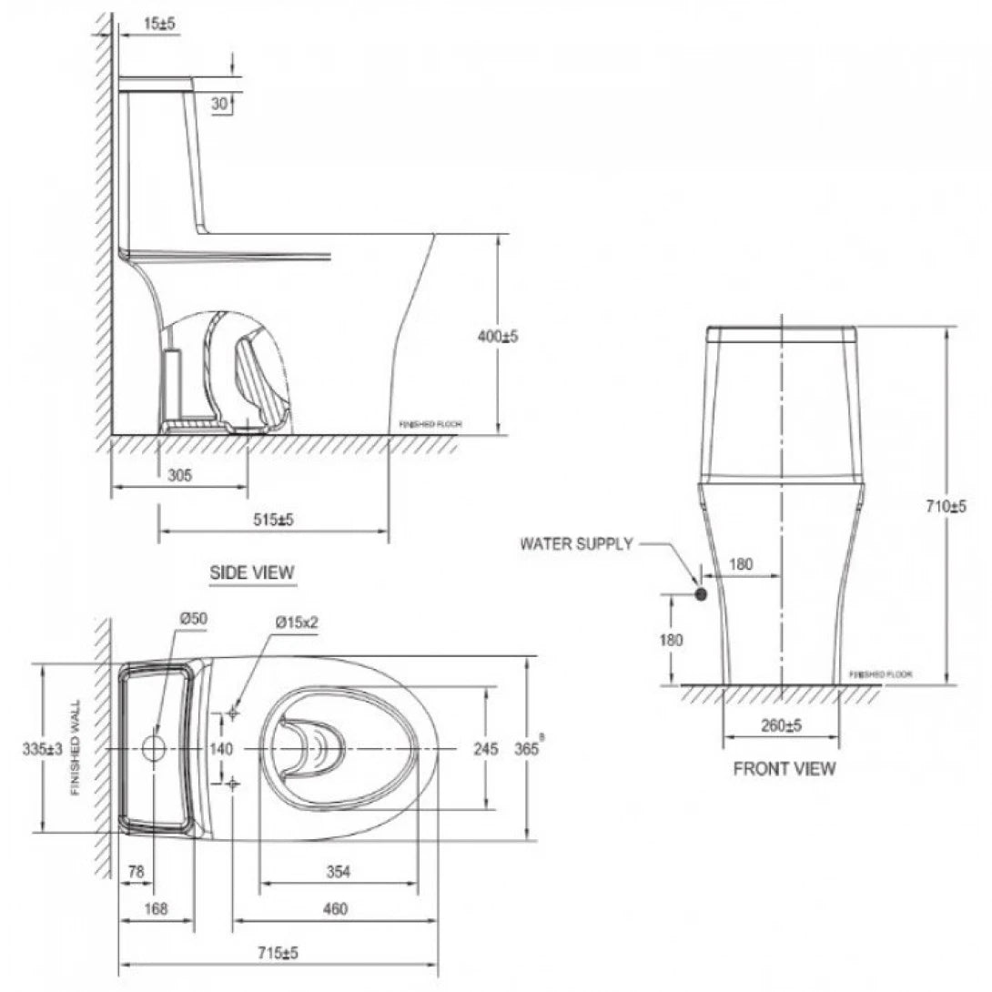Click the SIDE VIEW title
pos(252,572)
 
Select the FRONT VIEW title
pos(784,769)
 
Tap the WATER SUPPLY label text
pos(575,544)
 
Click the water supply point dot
pos(701,594)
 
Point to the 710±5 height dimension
pos(946,506)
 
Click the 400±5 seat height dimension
pos(498,336)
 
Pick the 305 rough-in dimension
pos(179,475)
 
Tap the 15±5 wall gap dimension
pos(141,24)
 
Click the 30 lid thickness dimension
pos(218,104)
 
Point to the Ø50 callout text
pos(193,618)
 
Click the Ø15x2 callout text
pos(296,623)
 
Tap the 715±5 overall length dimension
pos(279,953)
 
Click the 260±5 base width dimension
pos(780,725)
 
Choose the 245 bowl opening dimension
pos(486,748)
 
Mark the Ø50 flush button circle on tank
pos(154,748)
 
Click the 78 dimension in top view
pos(137,871)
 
